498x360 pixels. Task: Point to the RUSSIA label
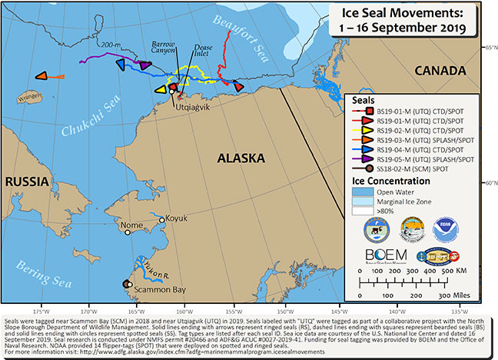coord(28,182)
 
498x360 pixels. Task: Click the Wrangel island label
coord(29,98)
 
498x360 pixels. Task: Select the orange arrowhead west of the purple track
coord(44,76)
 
